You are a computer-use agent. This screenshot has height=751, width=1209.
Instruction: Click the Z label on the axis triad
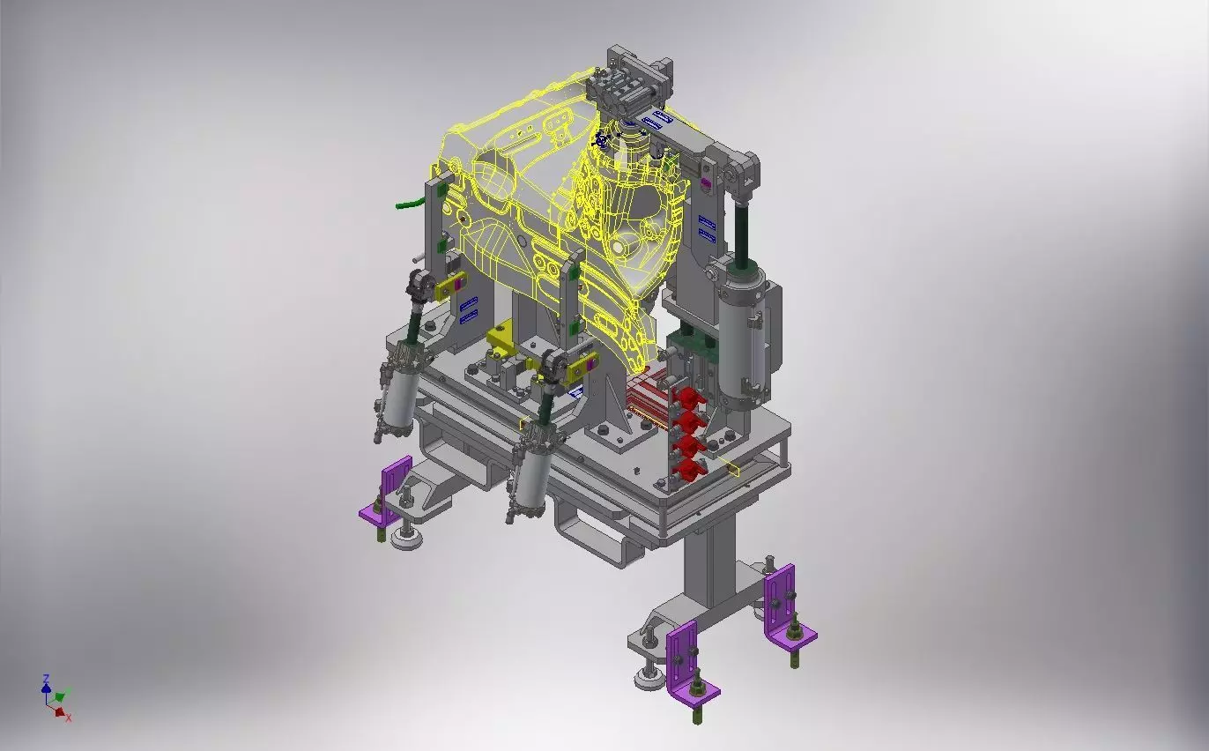click(x=46, y=679)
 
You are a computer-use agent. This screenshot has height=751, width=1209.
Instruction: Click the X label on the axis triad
click(x=69, y=718)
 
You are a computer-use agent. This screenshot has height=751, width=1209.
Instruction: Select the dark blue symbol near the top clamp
click(x=603, y=138)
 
